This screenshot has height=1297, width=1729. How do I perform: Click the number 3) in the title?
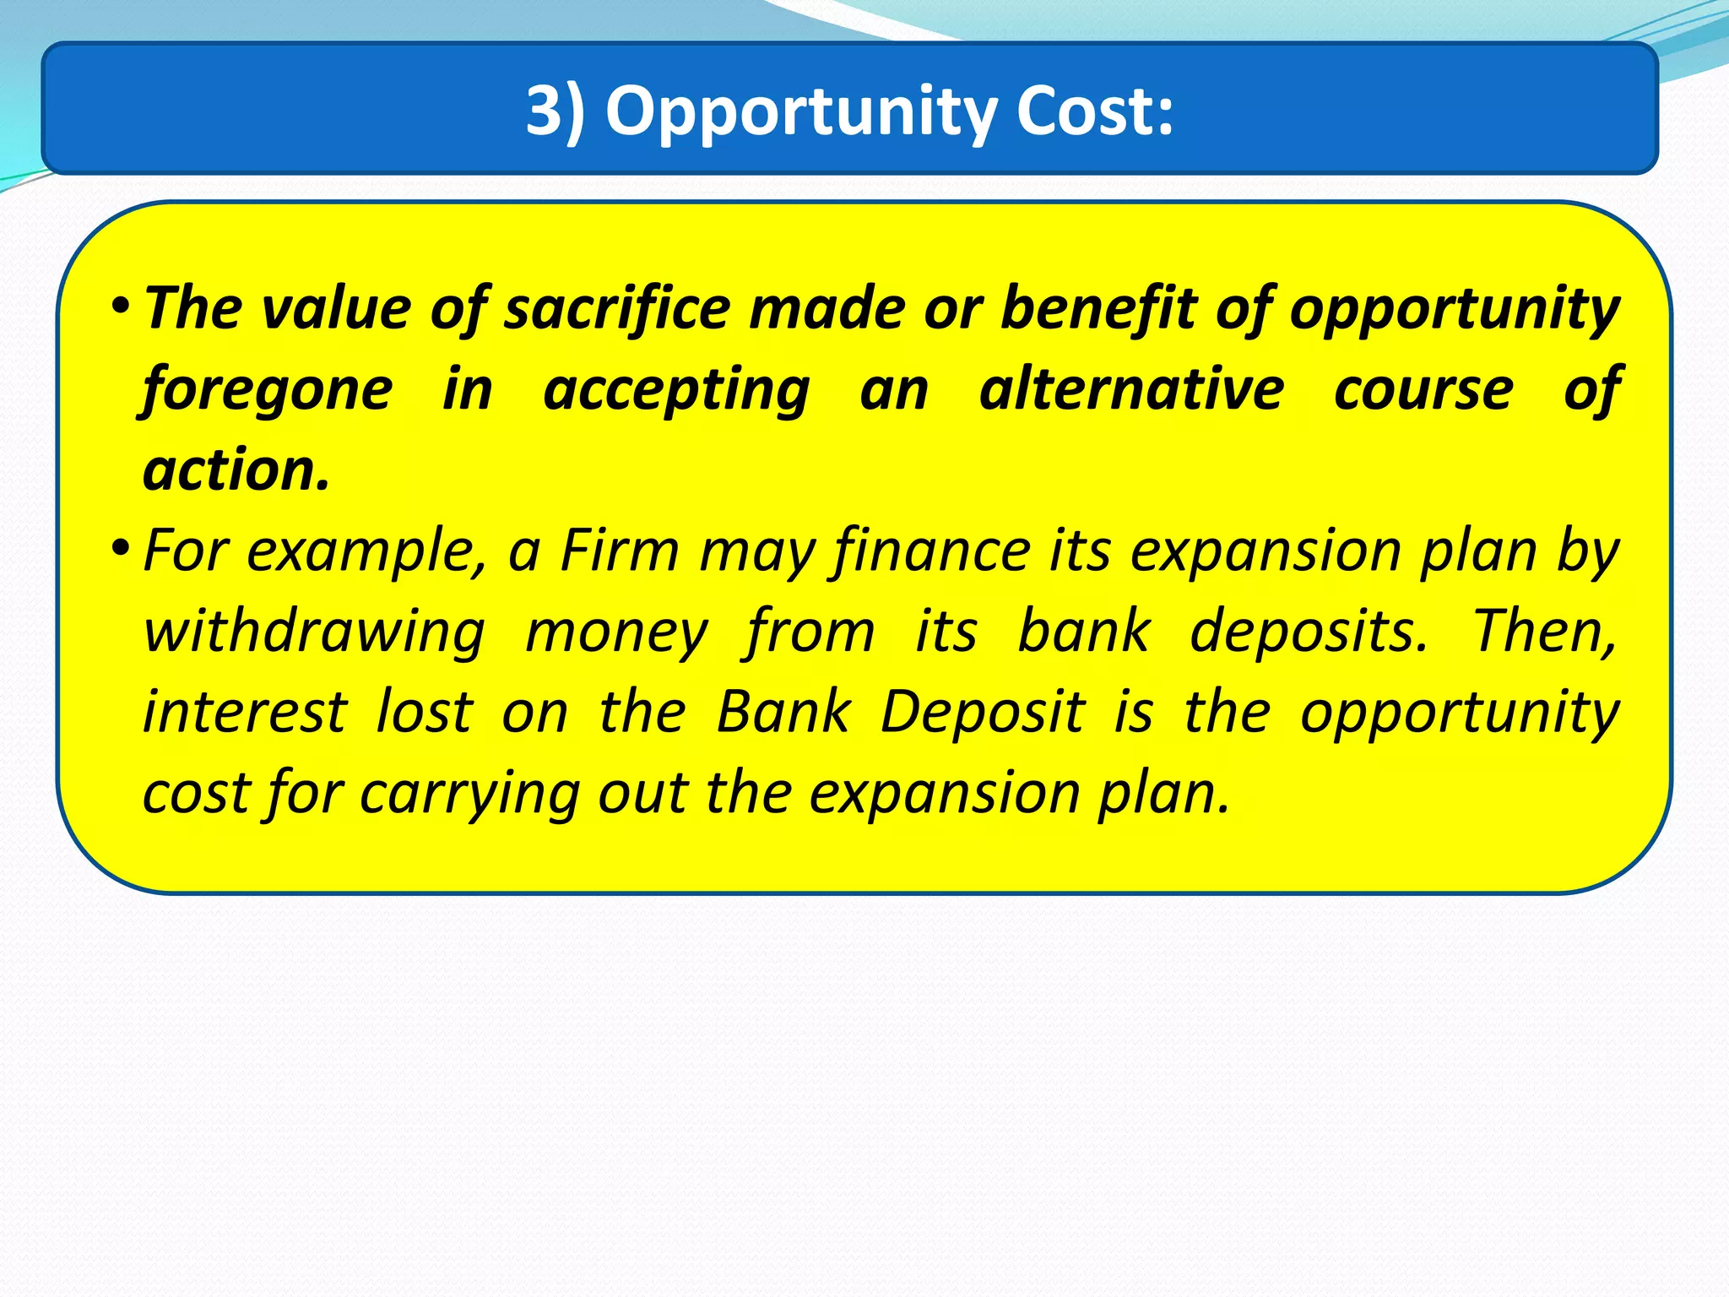coord(555,111)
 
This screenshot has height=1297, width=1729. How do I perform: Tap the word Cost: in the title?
coord(1094,111)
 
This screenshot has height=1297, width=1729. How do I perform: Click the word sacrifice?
coord(617,309)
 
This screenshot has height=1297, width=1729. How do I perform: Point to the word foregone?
coord(268,390)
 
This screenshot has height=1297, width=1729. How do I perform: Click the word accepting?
coord(676,390)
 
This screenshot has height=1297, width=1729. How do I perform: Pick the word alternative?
coord(1131,390)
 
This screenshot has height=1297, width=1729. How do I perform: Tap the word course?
coord(1423,390)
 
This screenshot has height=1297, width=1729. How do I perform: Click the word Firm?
coord(620,551)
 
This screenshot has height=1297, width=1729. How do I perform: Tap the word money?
coord(616,632)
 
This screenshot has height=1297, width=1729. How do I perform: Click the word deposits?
coord(1308,632)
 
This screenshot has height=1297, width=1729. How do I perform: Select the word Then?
coord(1545,632)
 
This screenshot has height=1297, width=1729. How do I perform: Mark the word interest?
coord(245,713)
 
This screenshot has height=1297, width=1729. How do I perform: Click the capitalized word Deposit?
coord(982,713)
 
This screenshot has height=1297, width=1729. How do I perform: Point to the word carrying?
coord(469,794)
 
